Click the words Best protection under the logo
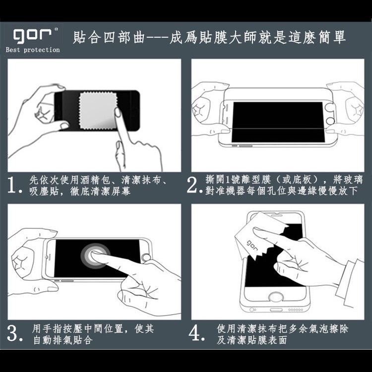pyautogui.click(x=33, y=50)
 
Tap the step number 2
pyautogui.click(x=193, y=185)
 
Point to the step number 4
pyautogui.click(x=197, y=334)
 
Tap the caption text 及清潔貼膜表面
pyautogui.click(x=251, y=340)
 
